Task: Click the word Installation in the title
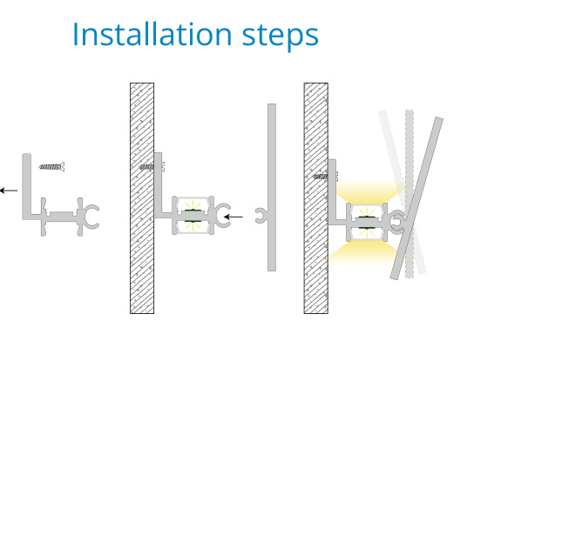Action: (x=152, y=34)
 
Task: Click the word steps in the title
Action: (x=281, y=37)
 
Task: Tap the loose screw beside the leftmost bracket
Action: (x=51, y=167)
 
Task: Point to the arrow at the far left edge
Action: (x=9, y=190)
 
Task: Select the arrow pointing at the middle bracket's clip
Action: (x=234, y=217)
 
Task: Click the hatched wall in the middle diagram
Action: (x=142, y=198)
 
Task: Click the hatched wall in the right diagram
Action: (x=315, y=198)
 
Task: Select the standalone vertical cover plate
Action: (x=272, y=187)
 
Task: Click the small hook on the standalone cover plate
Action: (x=260, y=216)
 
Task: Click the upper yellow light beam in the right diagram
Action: (x=369, y=192)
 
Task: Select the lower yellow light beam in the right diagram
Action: (x=362, y=252)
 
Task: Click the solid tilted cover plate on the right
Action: (x=416, y=198)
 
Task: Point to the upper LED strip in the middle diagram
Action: (x=193, y=211)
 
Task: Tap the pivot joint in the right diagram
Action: (x=396, y=222)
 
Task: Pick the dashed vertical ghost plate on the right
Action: (x=410, y=194)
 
